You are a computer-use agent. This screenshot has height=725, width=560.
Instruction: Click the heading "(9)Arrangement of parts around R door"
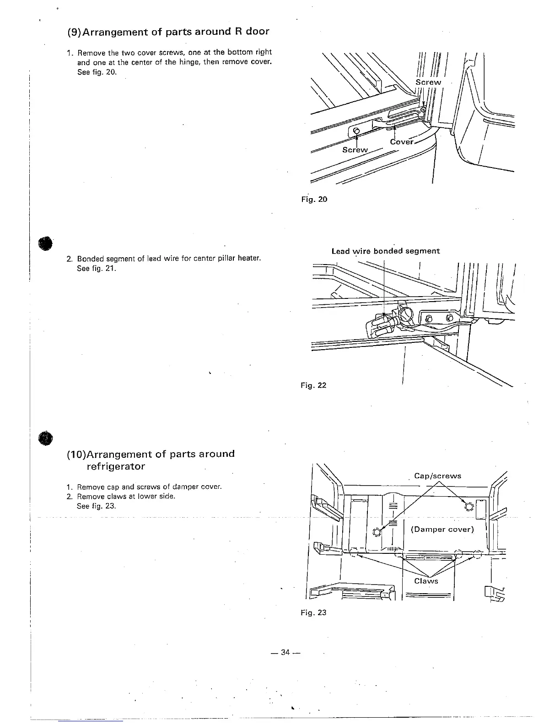coord(168,32)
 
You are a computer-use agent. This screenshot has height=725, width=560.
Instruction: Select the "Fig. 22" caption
coord(313,385)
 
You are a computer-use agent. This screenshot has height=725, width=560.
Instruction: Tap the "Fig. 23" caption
coord(313,612)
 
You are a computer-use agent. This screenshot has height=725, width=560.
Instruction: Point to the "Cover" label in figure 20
coord(402,142)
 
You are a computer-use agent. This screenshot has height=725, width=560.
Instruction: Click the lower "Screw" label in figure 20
coord(355,150)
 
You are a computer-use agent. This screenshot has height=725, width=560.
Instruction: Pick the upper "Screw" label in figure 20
coord(428,82)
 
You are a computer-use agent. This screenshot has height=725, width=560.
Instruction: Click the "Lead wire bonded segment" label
coord(385,251)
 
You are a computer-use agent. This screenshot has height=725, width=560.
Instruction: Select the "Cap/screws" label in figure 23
coord(437,476)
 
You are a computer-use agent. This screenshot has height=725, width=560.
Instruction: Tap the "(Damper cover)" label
coord(442,529)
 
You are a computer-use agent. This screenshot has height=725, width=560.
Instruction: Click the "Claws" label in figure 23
coord(426,581)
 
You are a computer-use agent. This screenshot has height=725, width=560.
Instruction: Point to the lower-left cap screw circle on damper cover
coord(377,532)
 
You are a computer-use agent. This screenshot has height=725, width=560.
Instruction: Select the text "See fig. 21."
coord(97,268)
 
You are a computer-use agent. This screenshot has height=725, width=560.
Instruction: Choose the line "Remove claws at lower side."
coord(126,496)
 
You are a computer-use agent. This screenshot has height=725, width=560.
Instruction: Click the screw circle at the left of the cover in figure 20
coord(356,132)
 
